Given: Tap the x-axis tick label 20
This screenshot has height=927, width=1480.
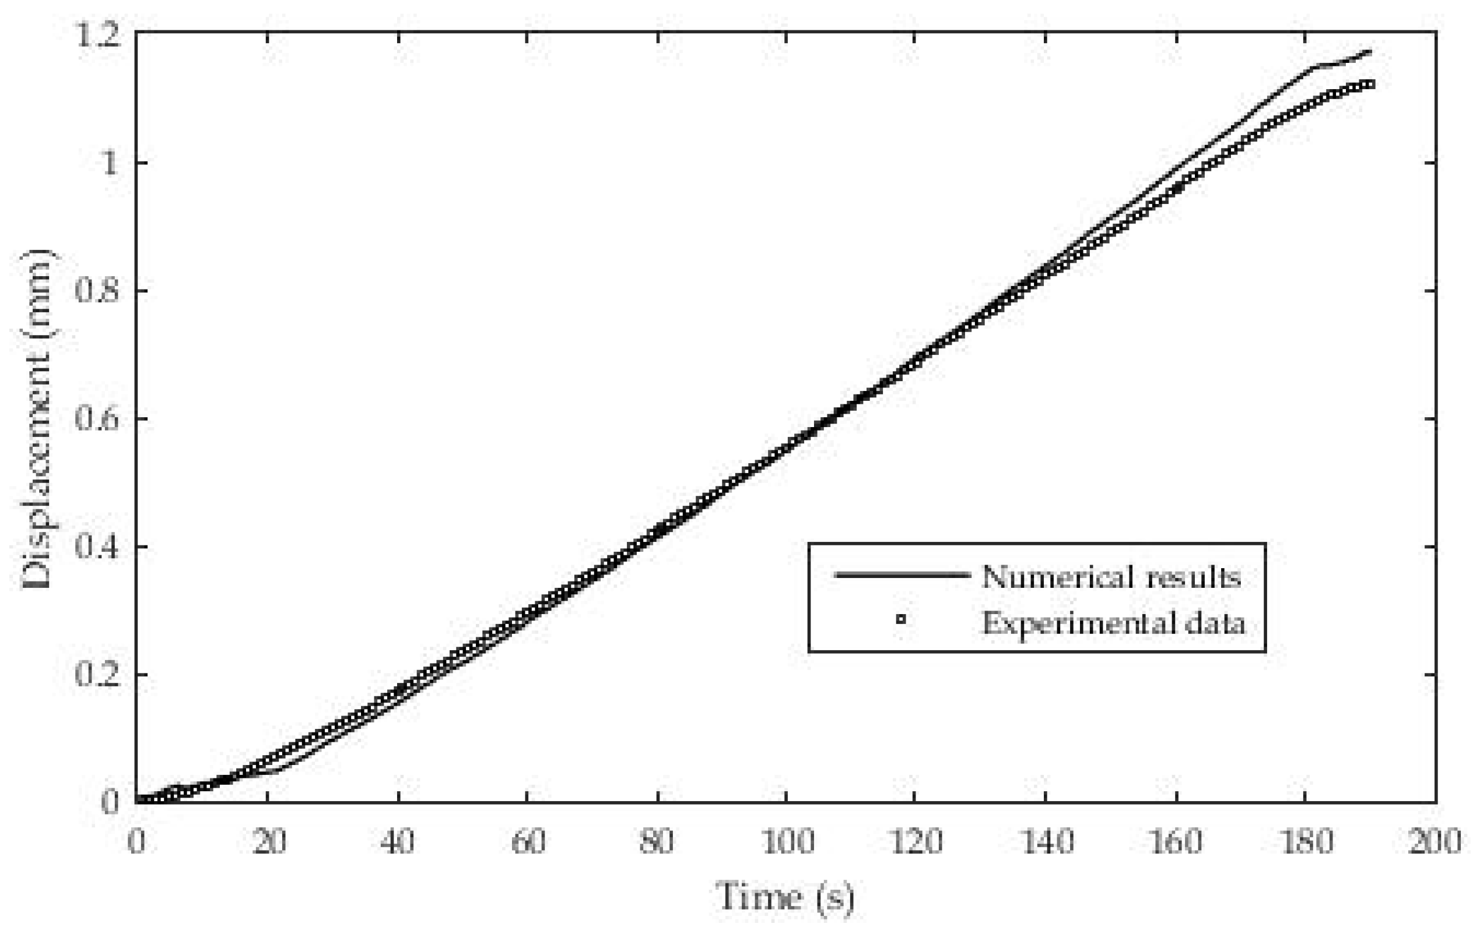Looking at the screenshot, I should click(x=269, y=841).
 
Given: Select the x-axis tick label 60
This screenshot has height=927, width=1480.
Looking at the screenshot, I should click(x=528, y=841).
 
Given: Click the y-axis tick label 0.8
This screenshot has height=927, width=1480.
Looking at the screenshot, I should click(x=96, y=290).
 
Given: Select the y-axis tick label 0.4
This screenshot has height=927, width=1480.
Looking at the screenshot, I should click(x=96, y=546).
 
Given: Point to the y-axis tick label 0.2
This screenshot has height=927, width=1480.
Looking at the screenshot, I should click(x=96, y=674).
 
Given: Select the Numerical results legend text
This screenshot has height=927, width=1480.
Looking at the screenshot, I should click(x=1111, y=577).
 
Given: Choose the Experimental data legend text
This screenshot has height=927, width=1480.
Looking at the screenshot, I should click(x=1114, y=623).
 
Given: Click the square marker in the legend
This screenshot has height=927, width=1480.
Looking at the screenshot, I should click(x=901, y=620).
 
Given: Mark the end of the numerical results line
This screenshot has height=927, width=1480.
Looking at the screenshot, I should click(x=1370, y=51).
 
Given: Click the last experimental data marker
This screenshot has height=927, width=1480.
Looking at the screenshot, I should click(x=1371, y=84).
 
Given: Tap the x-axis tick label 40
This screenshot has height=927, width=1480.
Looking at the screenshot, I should click(x=398, y=841).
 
